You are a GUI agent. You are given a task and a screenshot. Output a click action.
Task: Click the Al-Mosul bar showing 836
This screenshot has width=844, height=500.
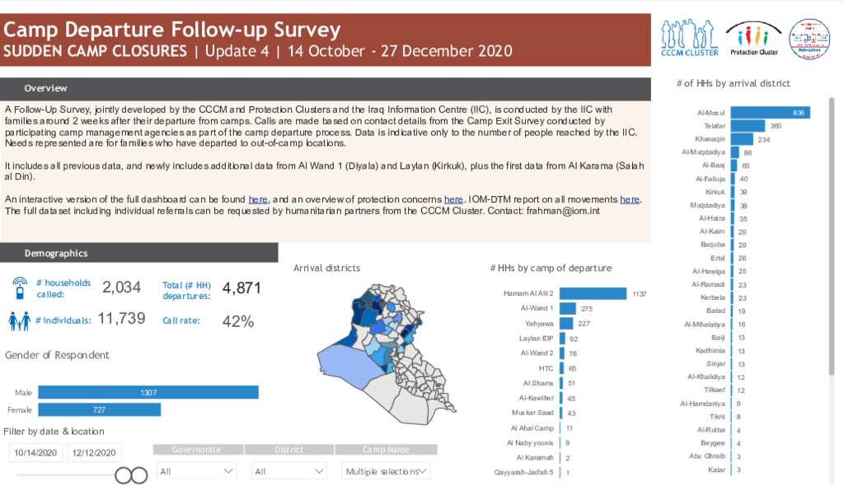coord(770,112)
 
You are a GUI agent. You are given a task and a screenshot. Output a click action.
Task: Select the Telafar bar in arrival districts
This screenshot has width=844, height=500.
coord(748,125)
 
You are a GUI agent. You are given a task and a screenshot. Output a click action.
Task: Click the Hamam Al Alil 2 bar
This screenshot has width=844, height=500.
coord(593,293)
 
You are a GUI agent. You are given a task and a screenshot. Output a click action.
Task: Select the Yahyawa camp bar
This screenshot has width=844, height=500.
coord(567,324)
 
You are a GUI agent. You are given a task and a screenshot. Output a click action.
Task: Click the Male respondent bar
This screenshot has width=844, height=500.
coord(148,393)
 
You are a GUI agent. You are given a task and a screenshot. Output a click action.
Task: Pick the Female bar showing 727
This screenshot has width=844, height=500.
coord(100,409)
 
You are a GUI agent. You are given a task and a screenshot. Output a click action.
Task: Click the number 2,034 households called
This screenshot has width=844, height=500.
coord(121,287)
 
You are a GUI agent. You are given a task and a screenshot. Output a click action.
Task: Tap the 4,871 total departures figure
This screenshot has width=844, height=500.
coord(241,287)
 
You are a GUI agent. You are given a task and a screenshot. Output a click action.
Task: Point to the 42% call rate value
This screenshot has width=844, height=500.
coord(238,321)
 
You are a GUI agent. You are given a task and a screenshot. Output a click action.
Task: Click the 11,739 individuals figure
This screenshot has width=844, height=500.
coord(121,319)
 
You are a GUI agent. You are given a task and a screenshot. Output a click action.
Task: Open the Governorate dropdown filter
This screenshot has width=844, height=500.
coord(196,471)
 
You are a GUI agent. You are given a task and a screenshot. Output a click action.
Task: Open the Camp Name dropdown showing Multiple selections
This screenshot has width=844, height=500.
coord(386,471)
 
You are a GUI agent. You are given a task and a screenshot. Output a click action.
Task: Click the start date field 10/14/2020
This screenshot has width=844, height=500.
coord(35,453)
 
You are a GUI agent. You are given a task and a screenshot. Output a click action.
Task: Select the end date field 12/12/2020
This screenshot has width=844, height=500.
coord(95,453)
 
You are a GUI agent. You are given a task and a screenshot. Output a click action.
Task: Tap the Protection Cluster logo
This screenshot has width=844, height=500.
coord(753,38)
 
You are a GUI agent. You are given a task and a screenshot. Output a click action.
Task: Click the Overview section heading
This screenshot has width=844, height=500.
coord(46,88)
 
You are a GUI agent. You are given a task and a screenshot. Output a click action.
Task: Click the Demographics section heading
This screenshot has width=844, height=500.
coord(56,253)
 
